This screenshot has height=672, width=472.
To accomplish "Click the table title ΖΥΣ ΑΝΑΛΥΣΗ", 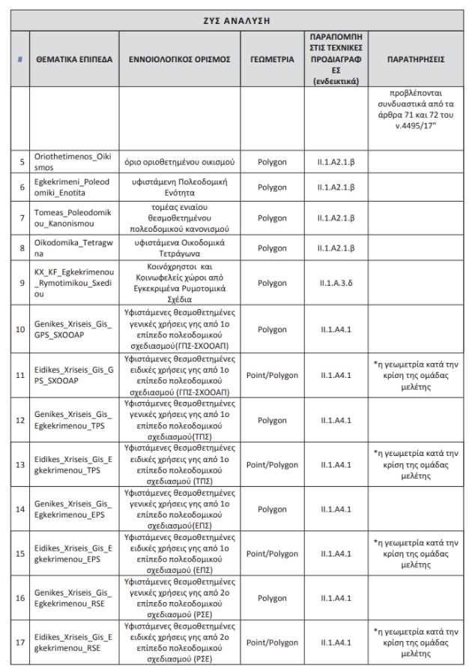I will [236, 20].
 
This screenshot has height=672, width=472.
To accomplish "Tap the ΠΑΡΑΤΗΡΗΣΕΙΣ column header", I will [416, 58].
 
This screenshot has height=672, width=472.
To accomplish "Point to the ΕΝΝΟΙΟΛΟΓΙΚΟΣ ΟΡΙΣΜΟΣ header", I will [180, 58].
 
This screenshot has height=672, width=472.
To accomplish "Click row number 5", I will [21, 162].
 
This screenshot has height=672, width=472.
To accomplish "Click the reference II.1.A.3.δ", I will [336, 283].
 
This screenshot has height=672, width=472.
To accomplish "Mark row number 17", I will [21, 643].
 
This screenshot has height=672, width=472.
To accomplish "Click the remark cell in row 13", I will [416, 464].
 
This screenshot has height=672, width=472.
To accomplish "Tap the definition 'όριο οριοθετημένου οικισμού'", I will [180, 162].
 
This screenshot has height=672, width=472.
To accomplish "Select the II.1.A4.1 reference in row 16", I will [336, 598].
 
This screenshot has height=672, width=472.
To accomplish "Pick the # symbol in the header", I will [20, 58].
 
